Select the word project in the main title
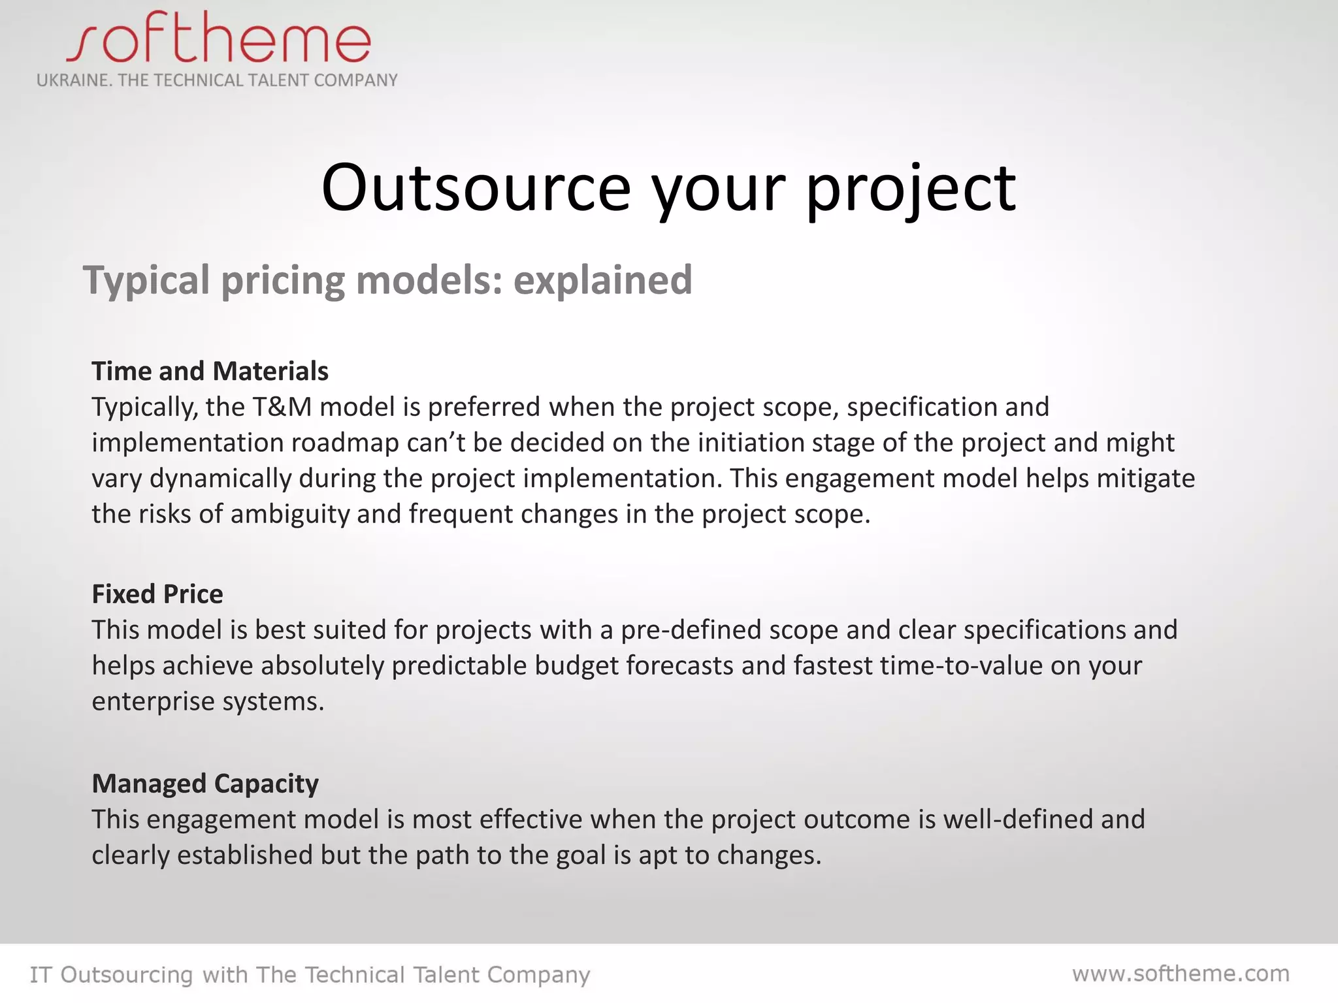point(911,189)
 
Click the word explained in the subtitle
point(602,280)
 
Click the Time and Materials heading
point(210,371)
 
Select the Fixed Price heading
point(157,594)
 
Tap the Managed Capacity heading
point(205,784)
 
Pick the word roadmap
point(345,443)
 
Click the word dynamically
point(221,479)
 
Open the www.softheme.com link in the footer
point(1181,974)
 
